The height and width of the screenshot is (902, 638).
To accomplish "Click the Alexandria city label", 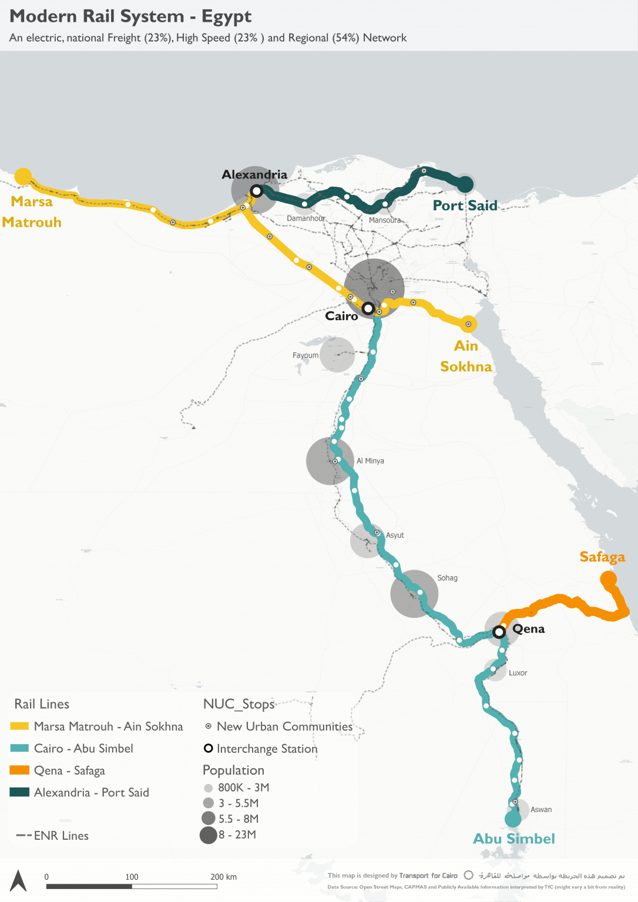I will pos(254,174).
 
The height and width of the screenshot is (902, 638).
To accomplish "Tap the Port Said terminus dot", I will pos(465,184).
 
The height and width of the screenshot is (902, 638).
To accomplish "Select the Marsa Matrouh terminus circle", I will pos(23,176).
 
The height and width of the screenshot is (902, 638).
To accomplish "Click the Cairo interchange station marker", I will pos(368,308).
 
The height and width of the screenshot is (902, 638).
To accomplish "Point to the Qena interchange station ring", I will pos(499,632).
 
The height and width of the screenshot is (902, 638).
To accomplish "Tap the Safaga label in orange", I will pos(602,557).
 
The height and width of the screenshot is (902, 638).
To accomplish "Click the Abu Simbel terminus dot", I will pos(513,819).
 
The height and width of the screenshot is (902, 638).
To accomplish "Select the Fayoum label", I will pos(305,355).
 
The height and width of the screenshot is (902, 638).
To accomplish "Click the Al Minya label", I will pos(370,461).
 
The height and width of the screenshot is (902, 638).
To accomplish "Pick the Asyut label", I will pos(395,536).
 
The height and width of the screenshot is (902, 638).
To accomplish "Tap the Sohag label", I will pos(447,578).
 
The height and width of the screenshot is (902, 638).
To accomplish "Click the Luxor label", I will pos(518,673).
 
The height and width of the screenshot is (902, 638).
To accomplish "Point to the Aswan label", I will pos(541,810).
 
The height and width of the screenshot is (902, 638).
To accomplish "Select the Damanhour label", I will pos(305,218).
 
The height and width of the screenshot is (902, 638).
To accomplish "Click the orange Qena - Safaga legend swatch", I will pos(19,770).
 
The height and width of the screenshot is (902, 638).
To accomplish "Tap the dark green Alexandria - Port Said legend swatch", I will pos(19,792).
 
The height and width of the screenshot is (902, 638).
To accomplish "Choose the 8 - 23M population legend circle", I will pos(209,834).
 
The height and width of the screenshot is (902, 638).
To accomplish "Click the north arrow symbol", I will pos(18,880).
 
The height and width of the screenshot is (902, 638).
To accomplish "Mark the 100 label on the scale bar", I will pos(132,877).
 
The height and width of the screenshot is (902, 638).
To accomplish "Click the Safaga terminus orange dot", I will pos(608,580).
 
